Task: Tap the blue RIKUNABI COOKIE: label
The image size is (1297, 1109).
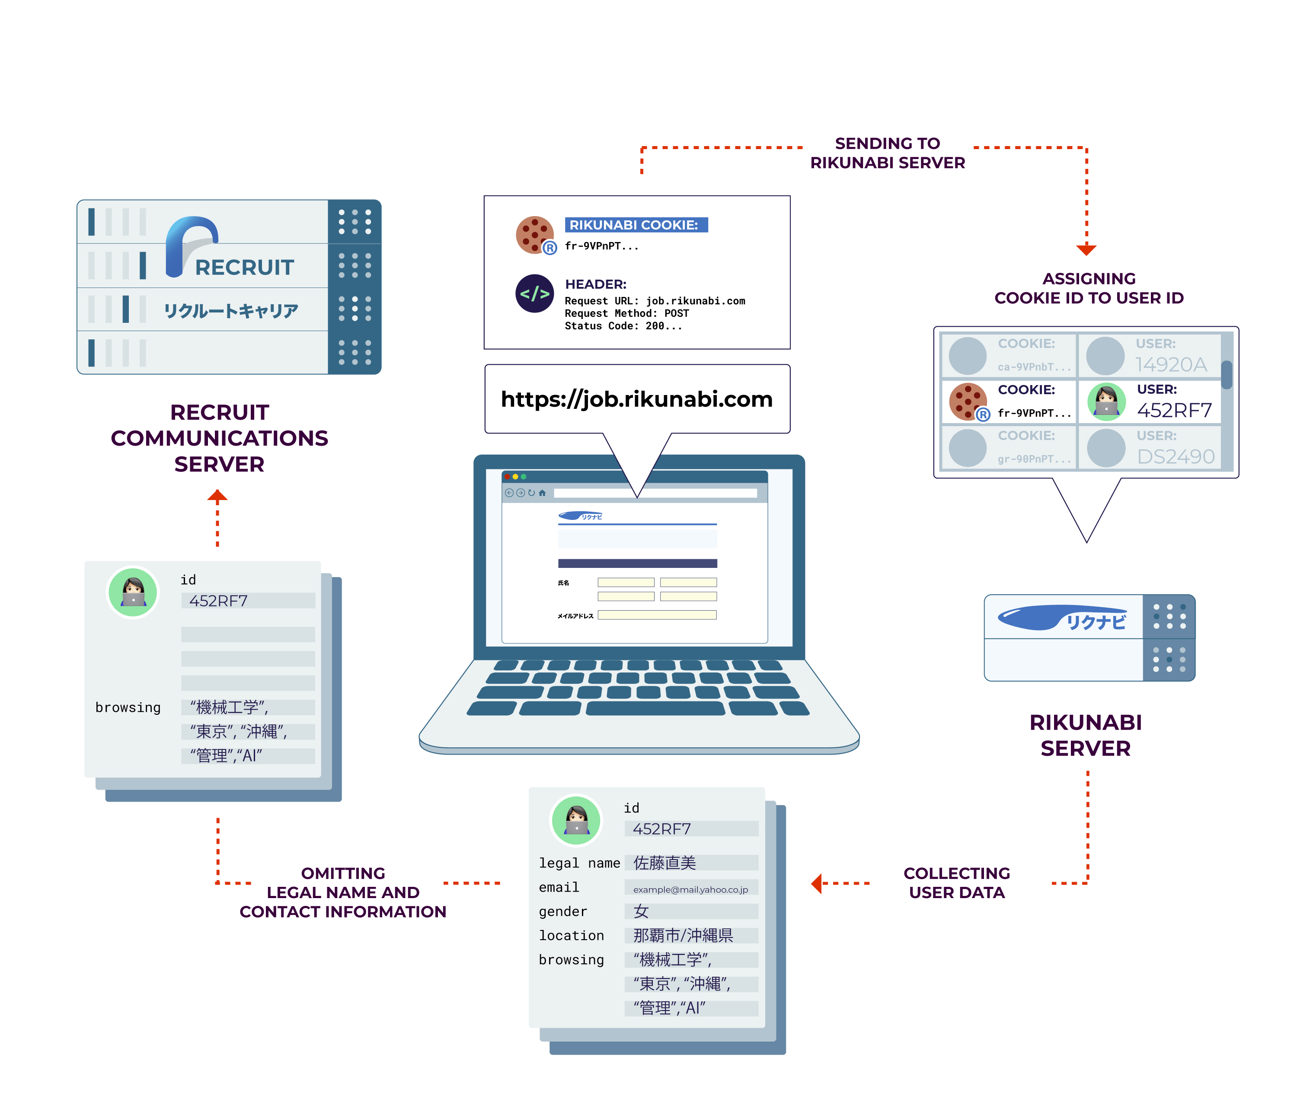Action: [x=636, y=225]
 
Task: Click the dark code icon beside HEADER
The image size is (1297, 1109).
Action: [x=534, y=293]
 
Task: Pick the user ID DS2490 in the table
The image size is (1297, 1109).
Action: [x=1175, y=456]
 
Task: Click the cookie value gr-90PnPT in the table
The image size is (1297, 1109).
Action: [x=1033, y=459]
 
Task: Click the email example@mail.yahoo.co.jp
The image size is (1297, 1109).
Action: [x=690, y=889]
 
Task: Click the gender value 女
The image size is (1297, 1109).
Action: [x=641, y=911]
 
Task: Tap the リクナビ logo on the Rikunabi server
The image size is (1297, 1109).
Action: [x=1064, y=618]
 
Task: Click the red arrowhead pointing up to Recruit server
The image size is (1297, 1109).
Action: [x=217, y=496]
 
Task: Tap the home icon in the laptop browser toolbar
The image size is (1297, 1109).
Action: [x=542, y=493]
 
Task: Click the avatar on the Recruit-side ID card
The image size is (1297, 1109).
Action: [x=133, y=592]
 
